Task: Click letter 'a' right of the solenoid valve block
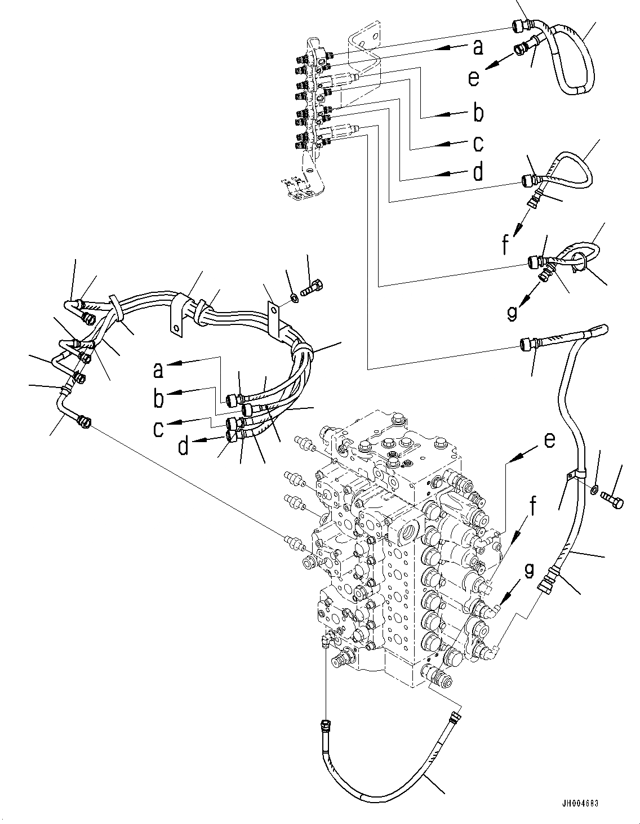(x=478, y=48)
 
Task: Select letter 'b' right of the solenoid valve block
(x=478, y=113)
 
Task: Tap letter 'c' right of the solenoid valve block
(x=478, y=144)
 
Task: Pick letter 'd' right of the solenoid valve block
(x=478, y=172)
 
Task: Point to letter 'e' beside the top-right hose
(x=474, y=77)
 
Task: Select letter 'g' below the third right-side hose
(x=511, y=312)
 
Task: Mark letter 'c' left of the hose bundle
(x=158, y=429)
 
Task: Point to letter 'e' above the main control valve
(x=549, y=440)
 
